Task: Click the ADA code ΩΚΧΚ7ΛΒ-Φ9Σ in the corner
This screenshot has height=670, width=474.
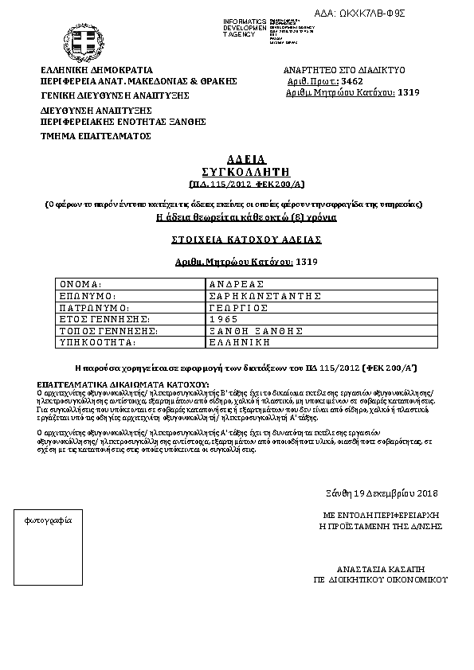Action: tap(383, 13)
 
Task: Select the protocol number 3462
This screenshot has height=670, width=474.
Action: tap(351, 81)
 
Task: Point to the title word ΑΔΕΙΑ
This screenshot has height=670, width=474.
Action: tap(233, 159)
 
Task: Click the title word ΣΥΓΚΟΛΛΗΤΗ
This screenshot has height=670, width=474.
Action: tap(233, 171)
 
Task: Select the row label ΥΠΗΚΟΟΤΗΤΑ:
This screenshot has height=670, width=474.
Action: tap(99, 341)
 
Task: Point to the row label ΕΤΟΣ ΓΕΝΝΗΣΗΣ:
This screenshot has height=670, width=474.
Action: tap(104, 318)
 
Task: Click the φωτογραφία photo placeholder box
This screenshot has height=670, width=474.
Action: tap(50, 550)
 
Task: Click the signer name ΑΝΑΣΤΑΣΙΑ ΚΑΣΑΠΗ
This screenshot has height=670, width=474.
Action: tap(379, 570)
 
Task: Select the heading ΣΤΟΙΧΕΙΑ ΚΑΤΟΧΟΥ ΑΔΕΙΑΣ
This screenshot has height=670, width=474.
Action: tap(233, 239)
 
